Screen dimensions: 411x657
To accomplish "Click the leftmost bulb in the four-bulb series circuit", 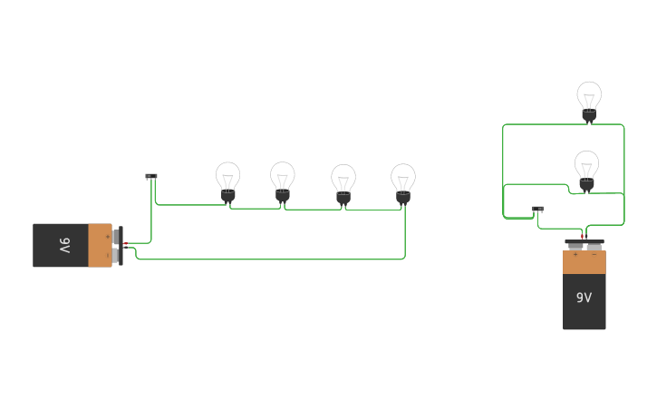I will tap(227, 181).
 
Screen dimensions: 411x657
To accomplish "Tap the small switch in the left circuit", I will tap(151, 176).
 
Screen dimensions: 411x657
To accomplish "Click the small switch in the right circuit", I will tap(537, 209).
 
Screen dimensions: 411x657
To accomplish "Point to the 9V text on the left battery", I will tap(64, 246).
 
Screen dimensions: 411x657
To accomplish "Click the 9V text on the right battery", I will tap(584, 298).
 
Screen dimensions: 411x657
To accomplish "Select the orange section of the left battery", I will tap(100, 246).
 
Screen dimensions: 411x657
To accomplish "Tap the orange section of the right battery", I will tap(584, 262).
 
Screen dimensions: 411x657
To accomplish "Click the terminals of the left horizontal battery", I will tap(118, 246).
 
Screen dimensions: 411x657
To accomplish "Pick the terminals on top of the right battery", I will tap(585, 245).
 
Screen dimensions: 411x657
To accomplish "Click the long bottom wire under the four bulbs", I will tap(272, 259).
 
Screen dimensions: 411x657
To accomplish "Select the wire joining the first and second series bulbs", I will tap(256, 209).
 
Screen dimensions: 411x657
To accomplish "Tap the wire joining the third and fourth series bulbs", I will tap(373, 210).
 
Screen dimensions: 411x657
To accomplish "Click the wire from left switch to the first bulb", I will tap(190, 205).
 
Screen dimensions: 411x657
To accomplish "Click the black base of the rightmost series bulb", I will tap(403, 196).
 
